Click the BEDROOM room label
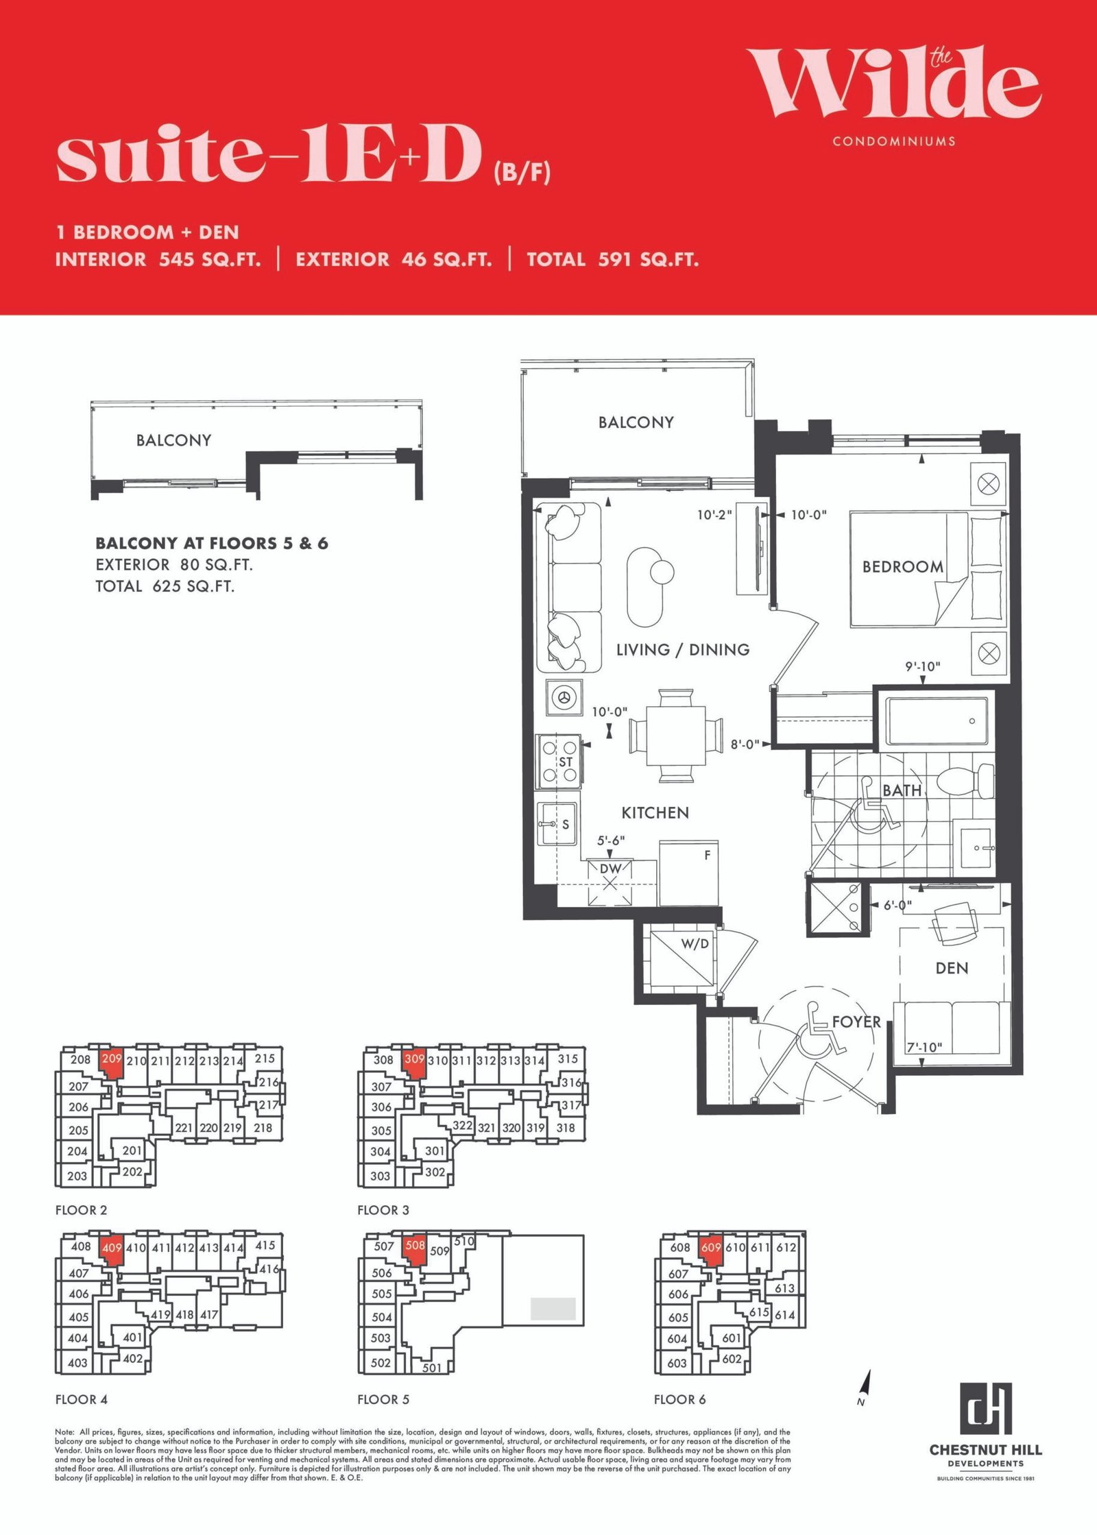[902, 567]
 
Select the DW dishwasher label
[610, 869]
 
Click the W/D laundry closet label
[695, 944]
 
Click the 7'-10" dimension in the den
[924, 1048]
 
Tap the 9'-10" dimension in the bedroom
[922, 666]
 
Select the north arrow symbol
[865, 1386]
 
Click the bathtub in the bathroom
[937, 721]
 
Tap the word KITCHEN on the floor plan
[655, 813]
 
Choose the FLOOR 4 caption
[82, 1399]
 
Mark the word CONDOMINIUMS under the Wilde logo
[894, 141]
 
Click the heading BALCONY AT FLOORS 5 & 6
[212, 543]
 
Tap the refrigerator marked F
[689, 873]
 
